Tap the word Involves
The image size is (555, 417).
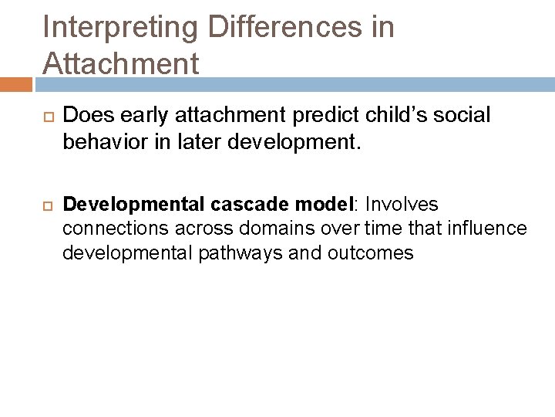point(402,204)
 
